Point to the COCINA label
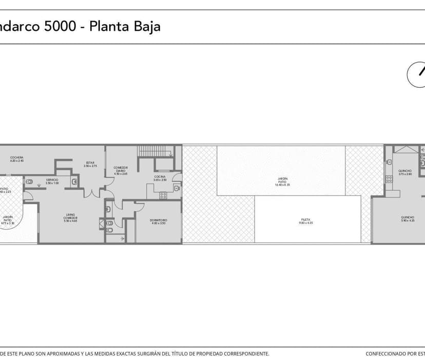point(160,177)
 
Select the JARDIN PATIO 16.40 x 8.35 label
point(282,181)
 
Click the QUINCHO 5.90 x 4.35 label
point(408,218)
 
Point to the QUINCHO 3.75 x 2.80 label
point(405,172)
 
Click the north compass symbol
point(417,74)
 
